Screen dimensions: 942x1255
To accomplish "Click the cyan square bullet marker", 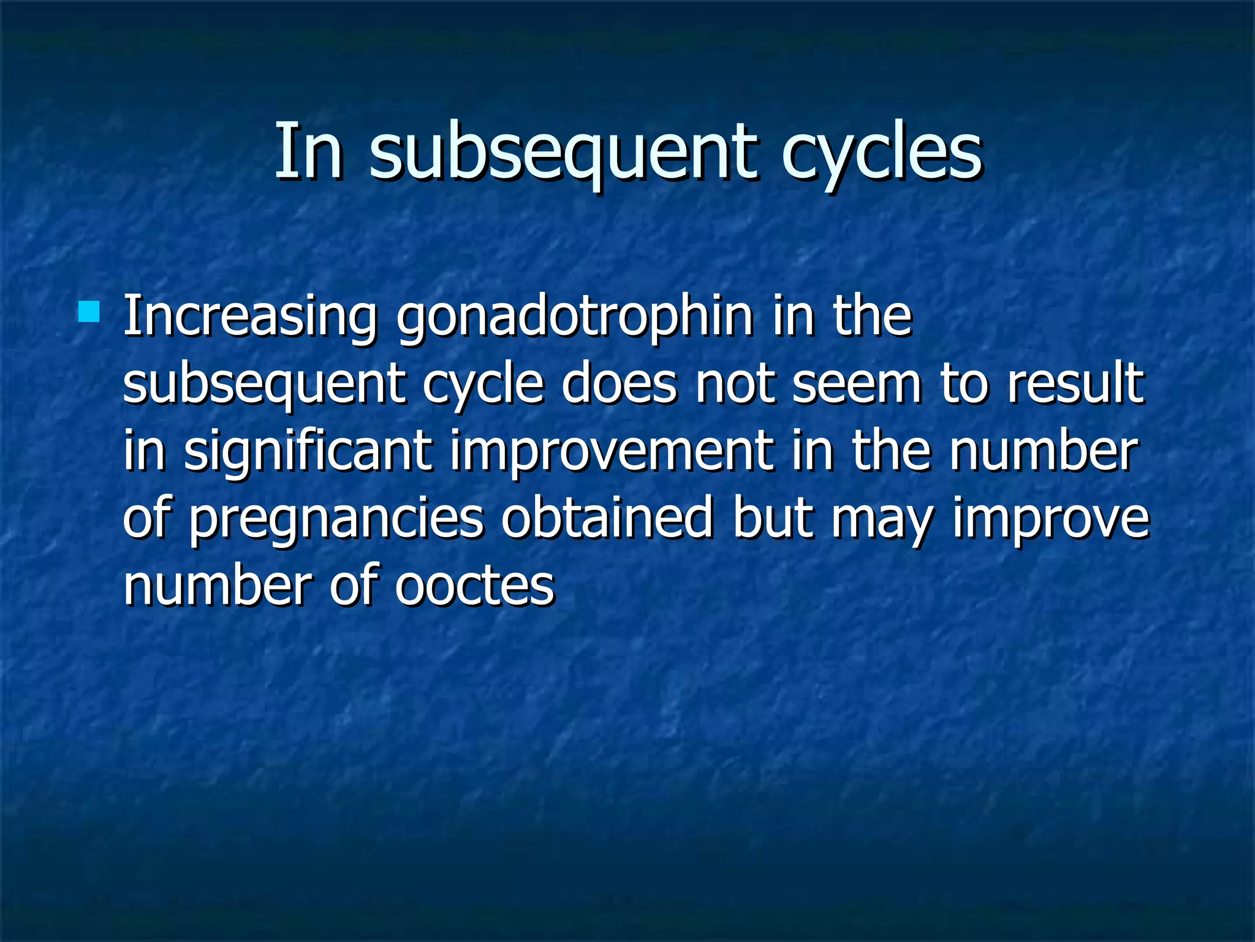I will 89,312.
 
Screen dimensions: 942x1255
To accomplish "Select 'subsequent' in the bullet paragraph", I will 264,385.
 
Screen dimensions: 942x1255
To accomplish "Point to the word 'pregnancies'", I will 336,520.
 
